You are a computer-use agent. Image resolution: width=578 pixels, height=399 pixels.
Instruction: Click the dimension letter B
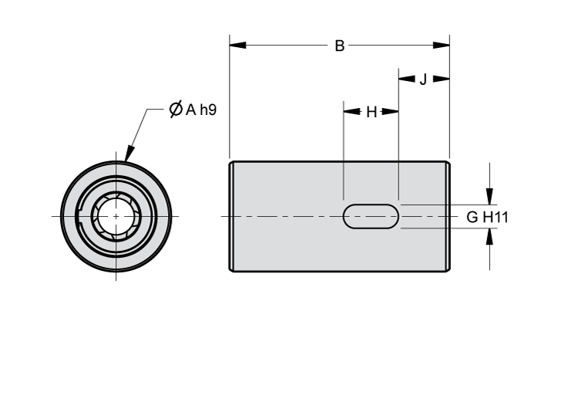point(339,46)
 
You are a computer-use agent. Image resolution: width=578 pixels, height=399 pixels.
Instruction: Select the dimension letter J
point(423,79)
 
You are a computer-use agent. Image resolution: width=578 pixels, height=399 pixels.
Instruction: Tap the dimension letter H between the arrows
point(371,112)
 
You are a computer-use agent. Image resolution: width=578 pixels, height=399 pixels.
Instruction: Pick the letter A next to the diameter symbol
point(190,110)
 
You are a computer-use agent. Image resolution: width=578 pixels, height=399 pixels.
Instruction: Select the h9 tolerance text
point(207,110)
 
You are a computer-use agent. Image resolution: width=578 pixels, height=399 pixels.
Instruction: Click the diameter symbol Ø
point(175,110)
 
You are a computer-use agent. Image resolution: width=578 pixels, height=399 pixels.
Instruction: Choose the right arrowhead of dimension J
point(442,79)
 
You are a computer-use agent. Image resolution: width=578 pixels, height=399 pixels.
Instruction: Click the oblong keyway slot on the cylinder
point(371,217)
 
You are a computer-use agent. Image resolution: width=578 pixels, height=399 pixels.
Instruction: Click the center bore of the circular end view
point(116,217)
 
